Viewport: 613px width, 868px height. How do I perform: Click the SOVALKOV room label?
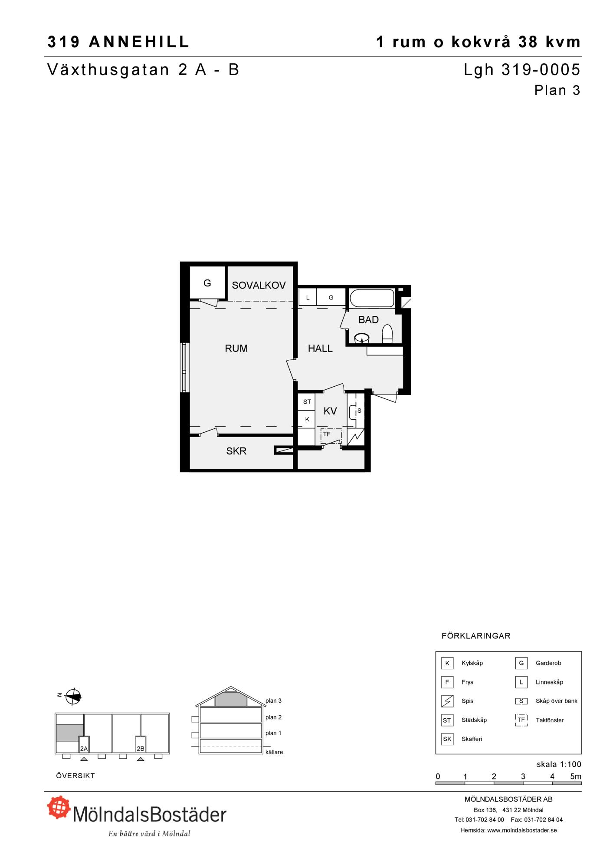coord(259,285)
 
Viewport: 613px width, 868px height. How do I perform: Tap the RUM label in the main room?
coord(236,348)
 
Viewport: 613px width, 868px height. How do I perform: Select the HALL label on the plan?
coord(320,348)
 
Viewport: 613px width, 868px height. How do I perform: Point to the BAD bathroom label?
coord(368,320)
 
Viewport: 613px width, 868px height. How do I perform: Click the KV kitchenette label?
coord(330,411)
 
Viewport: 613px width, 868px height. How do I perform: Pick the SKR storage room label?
coord(236,451)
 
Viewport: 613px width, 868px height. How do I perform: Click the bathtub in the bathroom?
coord(372,298)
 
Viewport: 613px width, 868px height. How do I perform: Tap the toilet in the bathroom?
coord(387,335)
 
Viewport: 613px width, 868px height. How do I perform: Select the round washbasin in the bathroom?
coord(361,338)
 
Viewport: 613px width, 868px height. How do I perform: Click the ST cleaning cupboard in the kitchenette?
coord(307,402)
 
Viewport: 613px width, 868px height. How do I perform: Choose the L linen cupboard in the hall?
coord(308,298)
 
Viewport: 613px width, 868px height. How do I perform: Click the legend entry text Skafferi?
coord(472,739)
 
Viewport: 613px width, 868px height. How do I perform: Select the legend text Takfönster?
coord(550,720)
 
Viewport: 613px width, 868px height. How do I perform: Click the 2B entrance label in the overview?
coord(140,749)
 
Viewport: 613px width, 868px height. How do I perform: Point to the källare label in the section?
coord(274,752)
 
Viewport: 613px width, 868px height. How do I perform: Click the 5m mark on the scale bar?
coord(575,777)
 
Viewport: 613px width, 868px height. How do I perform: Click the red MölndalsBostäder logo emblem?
coord(59,807)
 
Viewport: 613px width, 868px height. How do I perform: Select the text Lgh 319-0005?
coord(522,69)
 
